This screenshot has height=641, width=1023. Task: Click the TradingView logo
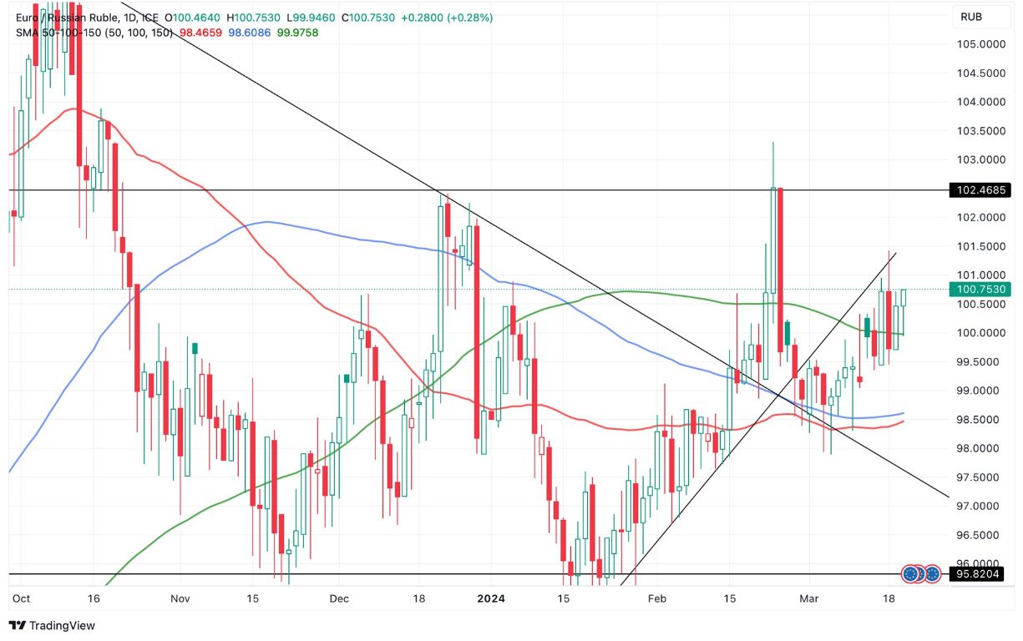[x=52, y=625]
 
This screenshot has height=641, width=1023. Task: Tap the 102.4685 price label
[x=977, y=190]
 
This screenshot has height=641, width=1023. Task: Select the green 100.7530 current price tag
[x=977, y=290]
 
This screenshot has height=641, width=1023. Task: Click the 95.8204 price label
[x=977, y=574]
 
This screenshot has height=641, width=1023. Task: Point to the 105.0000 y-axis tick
[x=980, y=44]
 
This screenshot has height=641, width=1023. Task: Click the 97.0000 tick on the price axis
[x=980, y=506]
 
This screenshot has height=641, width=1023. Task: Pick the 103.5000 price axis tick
[x=980, y=131]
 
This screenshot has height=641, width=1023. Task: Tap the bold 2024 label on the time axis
[x=491, y=598]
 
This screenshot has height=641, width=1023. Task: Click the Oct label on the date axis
[x=21, y=598]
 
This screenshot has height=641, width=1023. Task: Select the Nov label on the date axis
[x=180, y=598]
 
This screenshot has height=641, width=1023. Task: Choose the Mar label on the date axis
[x=808, y=598]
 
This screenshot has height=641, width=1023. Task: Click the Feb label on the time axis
[x=657, y=598]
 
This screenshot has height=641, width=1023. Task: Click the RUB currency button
[x=970, y=16]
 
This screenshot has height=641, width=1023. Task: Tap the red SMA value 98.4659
[x=200, y=33]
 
